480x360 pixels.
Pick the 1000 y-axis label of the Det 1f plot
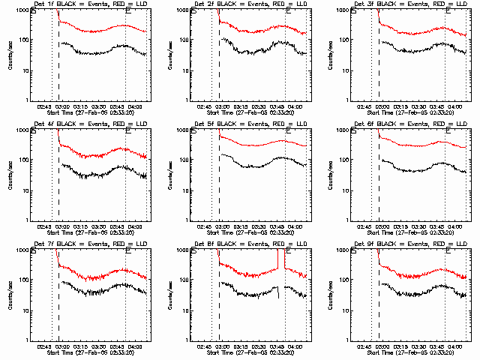(x=24, y=10)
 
